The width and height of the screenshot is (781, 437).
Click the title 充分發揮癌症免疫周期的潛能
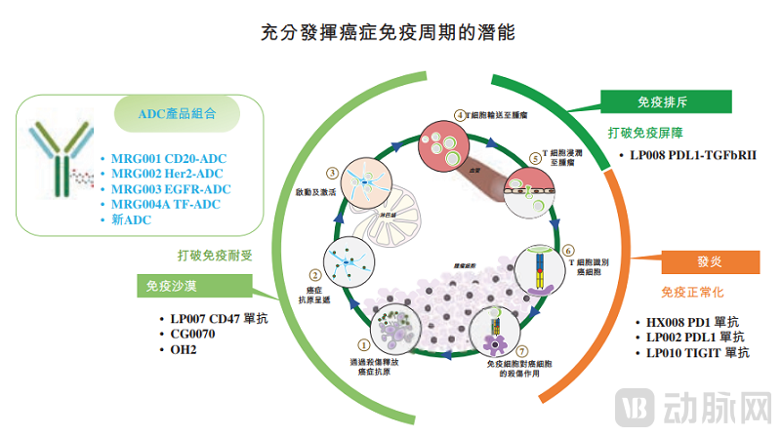(x=390, y=33)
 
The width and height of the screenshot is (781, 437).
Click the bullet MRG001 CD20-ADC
(x=167, y=158)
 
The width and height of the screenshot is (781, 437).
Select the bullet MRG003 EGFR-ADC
(x=168, y=189)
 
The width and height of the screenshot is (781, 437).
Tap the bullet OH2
(x=185, y=349)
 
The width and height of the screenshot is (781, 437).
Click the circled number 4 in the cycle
(x=461, y=115)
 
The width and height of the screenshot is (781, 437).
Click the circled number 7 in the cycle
(x=523, y=349)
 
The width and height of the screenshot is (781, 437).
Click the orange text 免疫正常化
(x=692, y=292)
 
